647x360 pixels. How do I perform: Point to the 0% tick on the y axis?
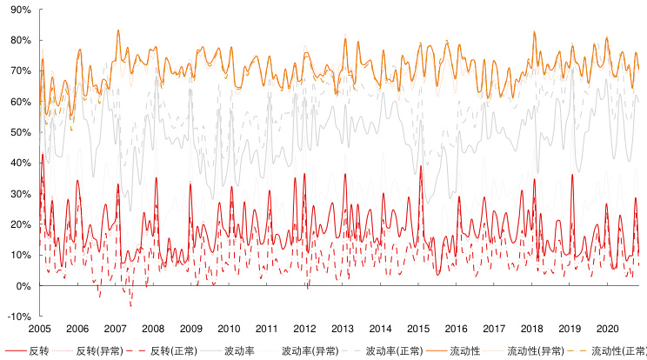23,286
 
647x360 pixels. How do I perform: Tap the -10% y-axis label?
19,317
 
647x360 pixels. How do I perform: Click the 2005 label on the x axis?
40,330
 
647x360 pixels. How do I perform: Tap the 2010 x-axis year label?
230,330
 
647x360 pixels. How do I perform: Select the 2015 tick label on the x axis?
418,330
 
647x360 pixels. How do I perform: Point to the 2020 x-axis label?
608,330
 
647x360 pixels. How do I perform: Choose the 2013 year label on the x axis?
343,330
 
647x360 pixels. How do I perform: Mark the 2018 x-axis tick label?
532,330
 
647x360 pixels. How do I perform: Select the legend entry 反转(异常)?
98,350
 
